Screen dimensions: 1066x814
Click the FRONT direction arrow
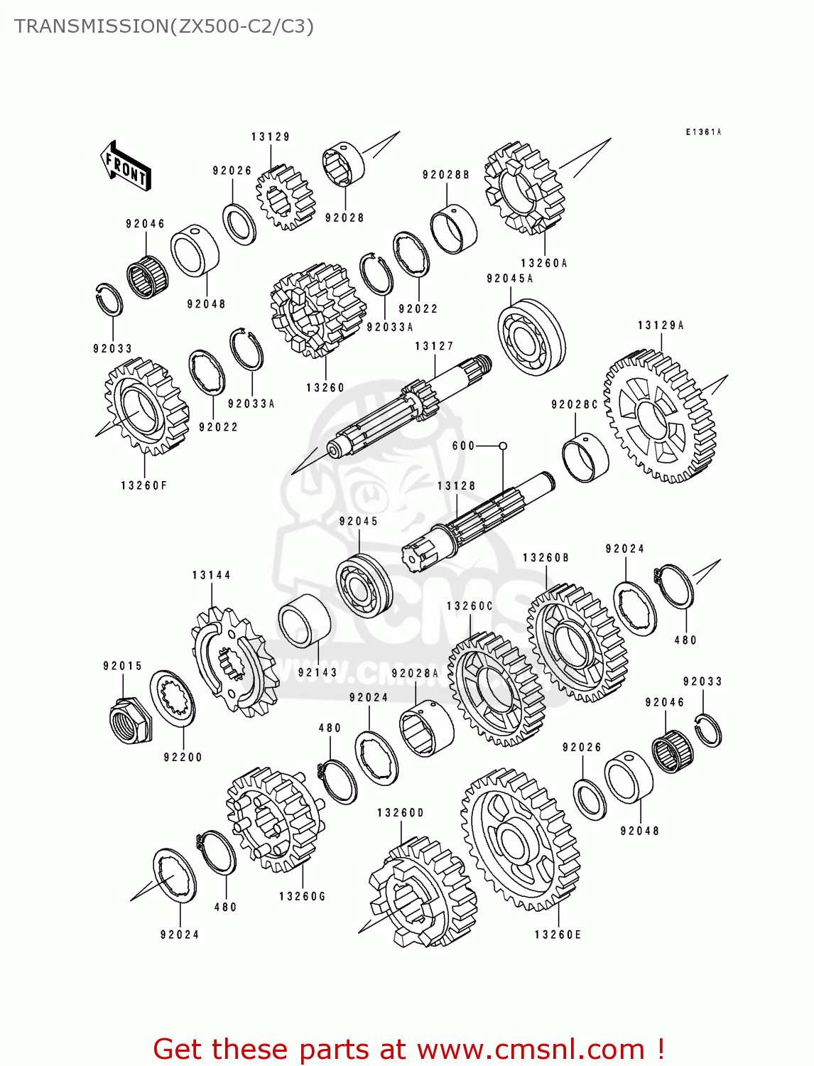[x=126, y=166]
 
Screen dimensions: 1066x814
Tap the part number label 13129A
[x=661, y=325]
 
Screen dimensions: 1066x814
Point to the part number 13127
[x=434, y=346]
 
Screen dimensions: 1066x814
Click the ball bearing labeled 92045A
[x=531, y=337]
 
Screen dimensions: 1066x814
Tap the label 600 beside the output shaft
[x=463, y=446]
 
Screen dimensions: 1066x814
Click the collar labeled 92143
[x=304, y=620]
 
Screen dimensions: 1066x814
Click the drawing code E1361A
[x=703, y=132]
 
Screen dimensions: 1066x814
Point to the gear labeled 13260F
[x=146, y=407]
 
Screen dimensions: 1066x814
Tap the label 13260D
[x=400, y=812]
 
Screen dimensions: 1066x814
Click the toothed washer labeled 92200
[x=173, y=698]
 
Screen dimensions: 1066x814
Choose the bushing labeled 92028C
[x=585, y=456]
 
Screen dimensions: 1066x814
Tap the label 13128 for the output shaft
[x=456, y=485]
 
